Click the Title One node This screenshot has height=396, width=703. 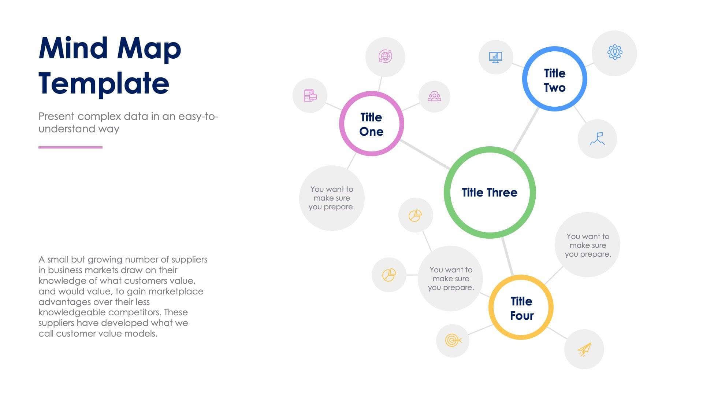(371, 124)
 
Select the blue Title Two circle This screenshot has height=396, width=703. (554, 79)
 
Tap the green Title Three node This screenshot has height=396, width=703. (490, 192)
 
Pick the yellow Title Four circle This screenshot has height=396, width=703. (521, 308)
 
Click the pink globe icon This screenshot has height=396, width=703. (385, 56)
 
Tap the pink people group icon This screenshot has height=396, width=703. (434, 96)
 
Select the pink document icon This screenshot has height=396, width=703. (310, 95)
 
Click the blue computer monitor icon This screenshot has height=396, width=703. (495, 58)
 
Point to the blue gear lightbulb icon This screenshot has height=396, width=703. (615, 52)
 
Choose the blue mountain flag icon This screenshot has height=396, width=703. (598, 139)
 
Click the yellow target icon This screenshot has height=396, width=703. (453, 340)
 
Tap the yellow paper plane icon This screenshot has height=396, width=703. (584, 349)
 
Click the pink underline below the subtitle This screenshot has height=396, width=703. (70, 147)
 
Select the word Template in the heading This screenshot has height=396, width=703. (104, 84)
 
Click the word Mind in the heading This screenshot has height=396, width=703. (73, 48)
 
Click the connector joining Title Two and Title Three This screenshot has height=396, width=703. (526, 130)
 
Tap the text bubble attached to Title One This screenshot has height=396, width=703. (332, 198)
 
